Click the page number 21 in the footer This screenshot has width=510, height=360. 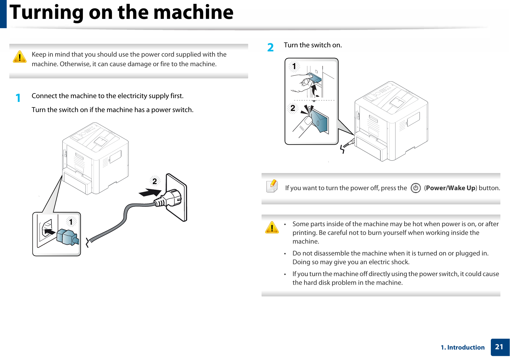click(499, 347)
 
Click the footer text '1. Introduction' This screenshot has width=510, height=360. click(463, 348)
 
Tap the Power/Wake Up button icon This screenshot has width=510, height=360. click(416, 188)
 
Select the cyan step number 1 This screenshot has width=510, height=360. click(18, 98)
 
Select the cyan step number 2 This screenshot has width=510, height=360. click(270, 47)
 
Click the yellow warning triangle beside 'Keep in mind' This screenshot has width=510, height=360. click(20, 57)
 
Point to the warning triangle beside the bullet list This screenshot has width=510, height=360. click(272, 228)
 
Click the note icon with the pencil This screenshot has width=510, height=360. click(272, 186)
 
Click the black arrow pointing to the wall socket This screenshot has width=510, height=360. click(150, 192)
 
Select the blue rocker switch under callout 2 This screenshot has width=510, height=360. click(320, 122)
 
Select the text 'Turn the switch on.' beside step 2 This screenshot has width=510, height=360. click(313, 45)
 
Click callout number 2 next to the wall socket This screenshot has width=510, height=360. click(155, 181)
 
